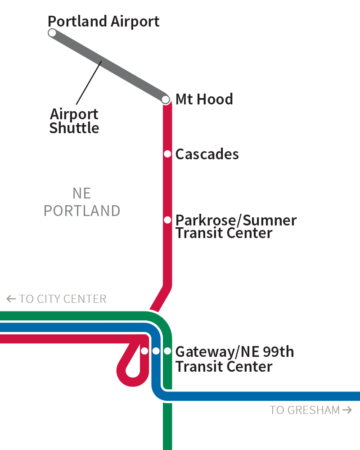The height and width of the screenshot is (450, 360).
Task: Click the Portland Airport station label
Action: coord(103,21)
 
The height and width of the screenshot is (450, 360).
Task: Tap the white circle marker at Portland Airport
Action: coord(52,32)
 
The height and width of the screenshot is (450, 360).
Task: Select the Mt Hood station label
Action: coord(204,99)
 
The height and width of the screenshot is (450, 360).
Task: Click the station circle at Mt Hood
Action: coord(166,99)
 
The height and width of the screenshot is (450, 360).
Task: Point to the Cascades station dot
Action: coord(167,154)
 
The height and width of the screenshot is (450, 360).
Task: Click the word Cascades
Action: coord(207,154)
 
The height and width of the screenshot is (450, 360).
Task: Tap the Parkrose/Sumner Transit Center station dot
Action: coord(167,220)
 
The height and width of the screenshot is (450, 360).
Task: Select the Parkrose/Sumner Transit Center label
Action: coord(236,227)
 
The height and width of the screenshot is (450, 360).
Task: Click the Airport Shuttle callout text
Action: coord(74,121)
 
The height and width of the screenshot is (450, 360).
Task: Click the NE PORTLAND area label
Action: coord(82,202)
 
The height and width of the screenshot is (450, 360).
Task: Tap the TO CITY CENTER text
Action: coord(63,299)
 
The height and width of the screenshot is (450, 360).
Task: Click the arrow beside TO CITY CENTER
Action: coord(11,299)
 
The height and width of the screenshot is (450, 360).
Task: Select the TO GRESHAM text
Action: coord(305,410)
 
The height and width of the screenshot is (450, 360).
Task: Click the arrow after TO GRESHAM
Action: coord(347,410)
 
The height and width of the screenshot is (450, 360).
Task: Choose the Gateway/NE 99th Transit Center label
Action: coord(234,359)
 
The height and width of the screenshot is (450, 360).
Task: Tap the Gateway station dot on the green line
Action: coord(167,351)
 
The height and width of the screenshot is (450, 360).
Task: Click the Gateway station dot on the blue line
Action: coord(156,351)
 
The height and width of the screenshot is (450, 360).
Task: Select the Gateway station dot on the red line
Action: coord(144,351)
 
